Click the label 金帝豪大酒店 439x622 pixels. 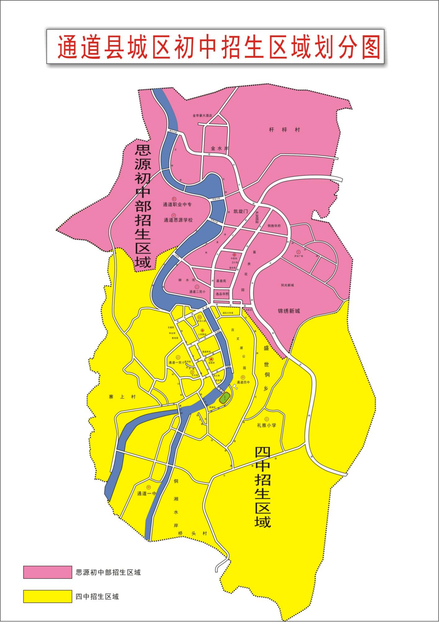tap(202, 116)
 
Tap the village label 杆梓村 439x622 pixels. tap(284, 130)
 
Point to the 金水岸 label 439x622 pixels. tap(219, 149)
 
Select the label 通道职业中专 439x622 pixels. tap(177, 205)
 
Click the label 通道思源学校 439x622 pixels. tap(178, 220)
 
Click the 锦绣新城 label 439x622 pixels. tap(289, 311)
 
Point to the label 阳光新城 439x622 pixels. tap(287, 285)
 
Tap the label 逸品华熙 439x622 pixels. tap(222, 294)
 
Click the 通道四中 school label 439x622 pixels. tap(243, 382)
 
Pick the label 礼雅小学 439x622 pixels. tap(266, 426)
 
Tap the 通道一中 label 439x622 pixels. tap(147, 493)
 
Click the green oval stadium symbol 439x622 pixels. tap(224, 398)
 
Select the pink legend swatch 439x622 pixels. tap(47, 572)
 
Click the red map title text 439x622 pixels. tap(219, 47)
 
